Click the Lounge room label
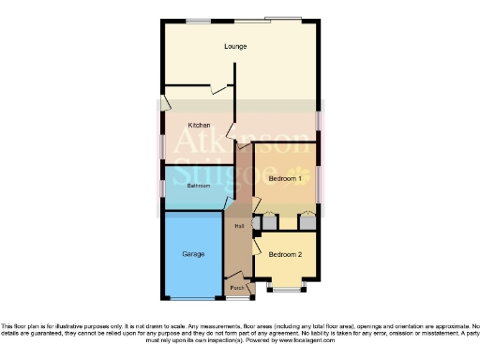(234, 46)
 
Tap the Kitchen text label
(199, 125)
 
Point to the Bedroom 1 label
(284, 178)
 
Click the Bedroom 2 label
(285, 254)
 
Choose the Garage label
(193, 254)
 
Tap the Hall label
(238, 224)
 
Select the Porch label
(238, 287)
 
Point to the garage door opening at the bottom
(194, 299)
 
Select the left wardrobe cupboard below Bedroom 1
(269, 222)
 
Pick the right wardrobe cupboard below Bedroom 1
(306, 222)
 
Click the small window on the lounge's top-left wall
(198, 20)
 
